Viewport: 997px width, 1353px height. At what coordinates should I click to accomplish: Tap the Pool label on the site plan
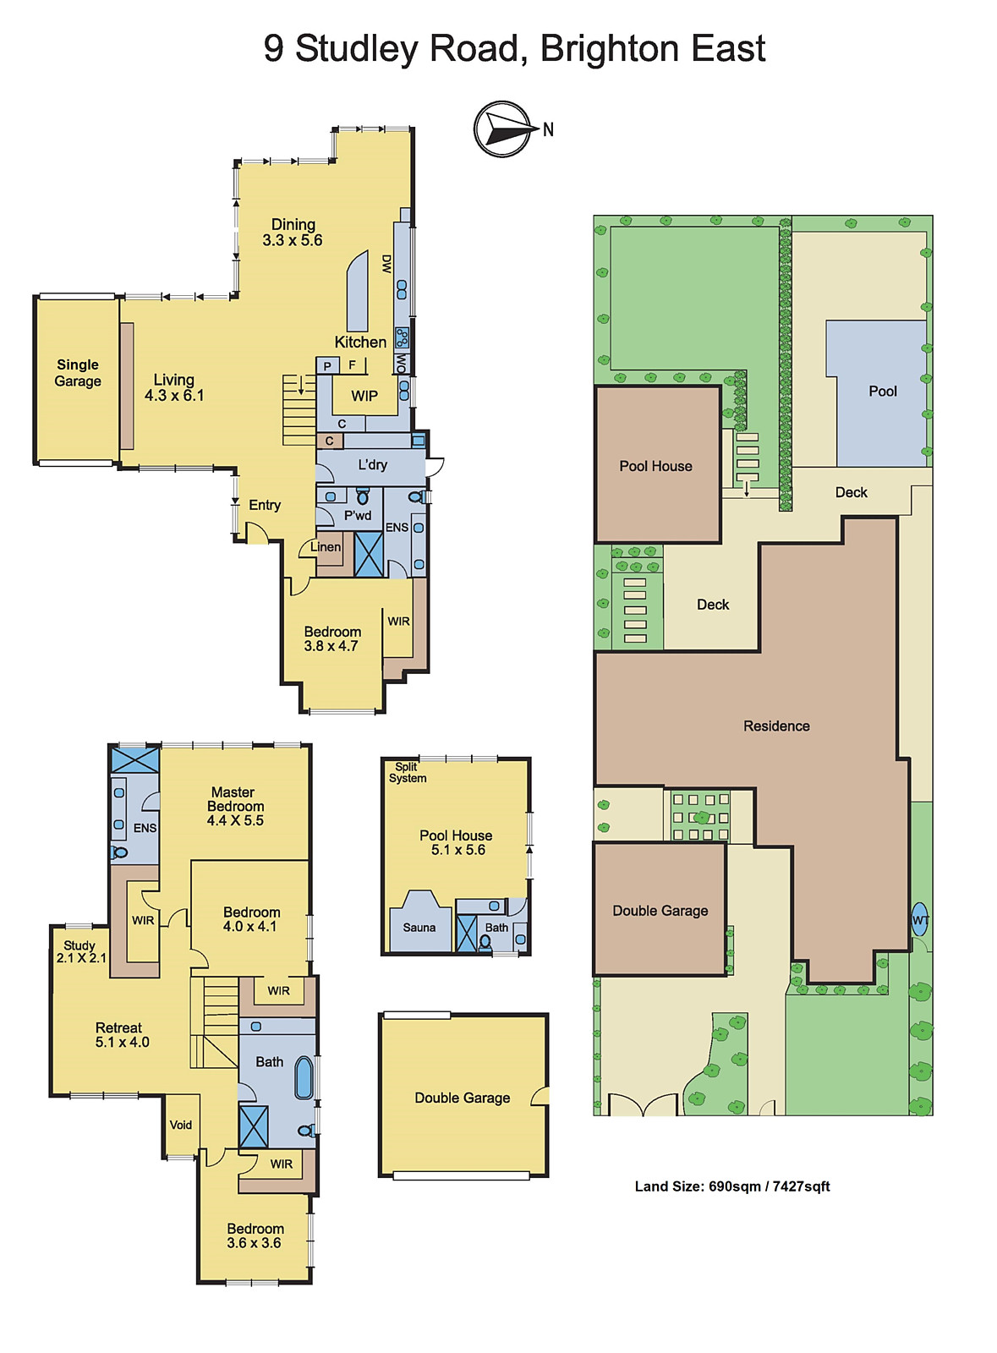click(882, 391)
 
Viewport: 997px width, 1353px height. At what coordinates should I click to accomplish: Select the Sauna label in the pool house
click(419, 928)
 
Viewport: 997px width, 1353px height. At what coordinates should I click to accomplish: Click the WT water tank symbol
click(920, 920)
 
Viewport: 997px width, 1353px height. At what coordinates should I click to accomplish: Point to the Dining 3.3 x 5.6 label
click(293, 233)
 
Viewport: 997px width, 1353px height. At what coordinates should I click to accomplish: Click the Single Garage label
click(78, 373)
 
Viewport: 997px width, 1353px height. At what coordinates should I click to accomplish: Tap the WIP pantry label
click(364, 396)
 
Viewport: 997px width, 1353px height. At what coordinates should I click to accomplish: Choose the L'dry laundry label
click(372, 464)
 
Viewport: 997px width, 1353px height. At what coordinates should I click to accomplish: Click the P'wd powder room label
click(357, 515)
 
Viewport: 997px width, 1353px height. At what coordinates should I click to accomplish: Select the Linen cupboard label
click(326, 547)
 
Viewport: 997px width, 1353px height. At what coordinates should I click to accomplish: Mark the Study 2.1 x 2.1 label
click(80, 951)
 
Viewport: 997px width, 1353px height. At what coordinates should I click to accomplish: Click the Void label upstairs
click(181, 1125)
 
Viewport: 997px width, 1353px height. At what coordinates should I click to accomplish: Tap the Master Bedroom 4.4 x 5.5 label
click(234, 806)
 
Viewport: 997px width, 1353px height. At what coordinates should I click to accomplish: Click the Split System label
click(408, 773)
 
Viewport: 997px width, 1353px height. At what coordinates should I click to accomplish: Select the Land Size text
click(732, 1186)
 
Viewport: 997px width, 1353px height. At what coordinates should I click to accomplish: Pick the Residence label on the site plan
click(776, 726)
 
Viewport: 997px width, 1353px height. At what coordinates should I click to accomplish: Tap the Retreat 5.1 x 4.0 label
click(121, 1035)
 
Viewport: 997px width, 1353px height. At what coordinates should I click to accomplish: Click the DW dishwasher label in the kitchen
click(386, 264)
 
